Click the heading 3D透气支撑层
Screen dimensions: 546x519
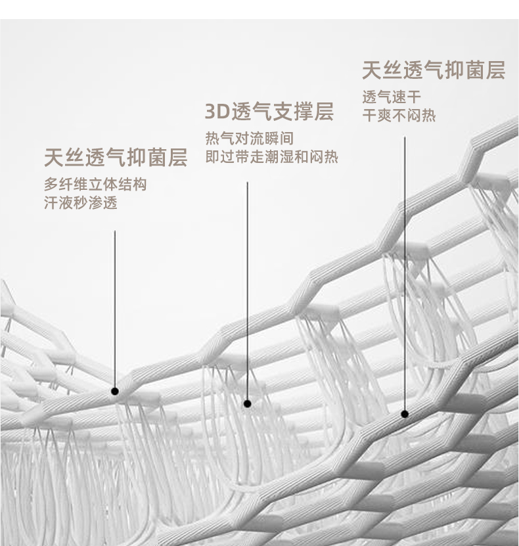[x=269, y=112]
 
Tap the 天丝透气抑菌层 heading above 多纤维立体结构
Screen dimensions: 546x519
[x=116, y=158]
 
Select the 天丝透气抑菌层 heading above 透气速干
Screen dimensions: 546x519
[x=434, y=70]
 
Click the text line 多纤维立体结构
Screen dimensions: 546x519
[x=95, y=185]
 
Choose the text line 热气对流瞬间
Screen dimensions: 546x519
[x=249, y=139]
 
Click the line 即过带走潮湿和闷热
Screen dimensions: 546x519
[x=271, y=158]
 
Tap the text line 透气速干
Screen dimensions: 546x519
[x=392, y=98]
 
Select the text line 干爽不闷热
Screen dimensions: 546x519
[x=399, y=116]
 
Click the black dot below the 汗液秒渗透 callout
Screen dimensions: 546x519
[x=115, y=391]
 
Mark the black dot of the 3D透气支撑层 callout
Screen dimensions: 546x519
[x=247, y=403]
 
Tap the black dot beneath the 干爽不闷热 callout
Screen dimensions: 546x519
[x=405, y=414]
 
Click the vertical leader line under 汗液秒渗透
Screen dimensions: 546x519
[x=115, y=309]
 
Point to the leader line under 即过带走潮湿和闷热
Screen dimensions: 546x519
[x=247, y=289]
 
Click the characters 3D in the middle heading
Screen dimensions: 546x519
[x=216, y=112]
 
